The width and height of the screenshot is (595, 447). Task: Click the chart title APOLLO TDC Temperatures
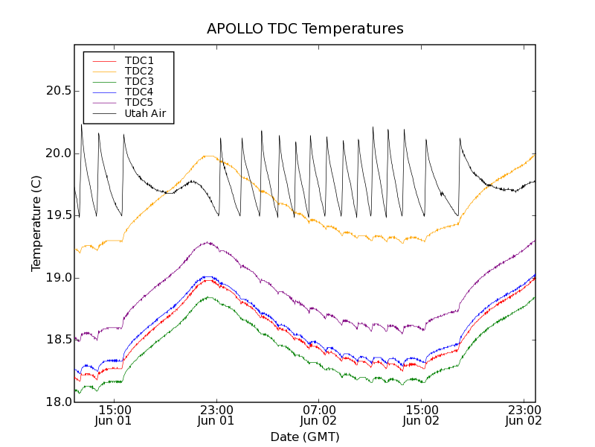(x=305, y=29)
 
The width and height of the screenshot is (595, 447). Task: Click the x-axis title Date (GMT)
(x=305, y=437)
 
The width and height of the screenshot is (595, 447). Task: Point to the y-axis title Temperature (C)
(x=36, y=223)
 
